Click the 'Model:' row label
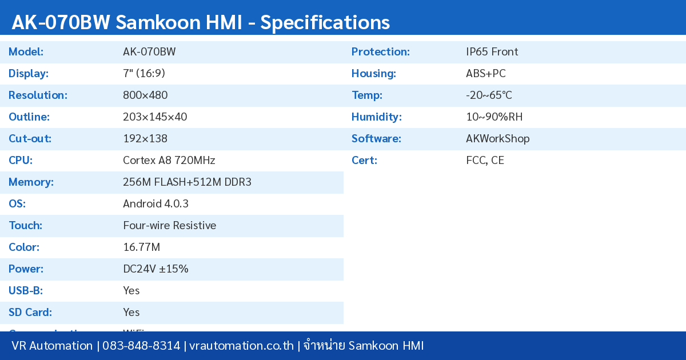click(26, 52)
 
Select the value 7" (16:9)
click(144, 74)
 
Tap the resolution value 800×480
click(145, 95)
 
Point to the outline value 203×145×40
click(155, 117)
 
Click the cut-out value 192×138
click(145, 139)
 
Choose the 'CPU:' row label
click(21, 161)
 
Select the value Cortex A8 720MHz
click(169, 161)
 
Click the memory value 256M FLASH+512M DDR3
click(187, 182)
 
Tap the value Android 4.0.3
click(155, 204)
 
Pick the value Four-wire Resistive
click(169, 226)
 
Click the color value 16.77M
click(141, 247)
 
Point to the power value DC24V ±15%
click(155, 269)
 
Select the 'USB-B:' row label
click(26, 291)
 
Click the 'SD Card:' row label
click(30, 313)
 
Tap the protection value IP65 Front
click(492, 52)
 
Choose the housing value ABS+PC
click(485, 74)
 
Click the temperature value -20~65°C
click(489, 95)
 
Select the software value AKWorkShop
click(497, 139)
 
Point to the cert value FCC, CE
click(485, 161)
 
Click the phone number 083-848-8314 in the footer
click(141, 346)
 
